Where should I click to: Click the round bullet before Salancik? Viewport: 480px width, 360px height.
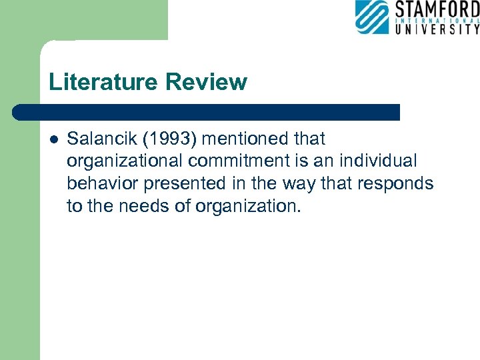[54, 139]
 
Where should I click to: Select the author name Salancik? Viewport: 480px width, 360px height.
[99, 139]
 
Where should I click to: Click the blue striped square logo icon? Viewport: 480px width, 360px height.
[372, 17]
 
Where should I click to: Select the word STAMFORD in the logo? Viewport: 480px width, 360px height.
[437, 10]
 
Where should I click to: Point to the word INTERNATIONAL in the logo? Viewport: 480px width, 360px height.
[437, 20]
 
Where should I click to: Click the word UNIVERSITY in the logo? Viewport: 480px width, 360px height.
[437, 29]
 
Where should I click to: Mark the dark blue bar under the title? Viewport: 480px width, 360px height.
[207, 112]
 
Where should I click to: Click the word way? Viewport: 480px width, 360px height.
[301, 183]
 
